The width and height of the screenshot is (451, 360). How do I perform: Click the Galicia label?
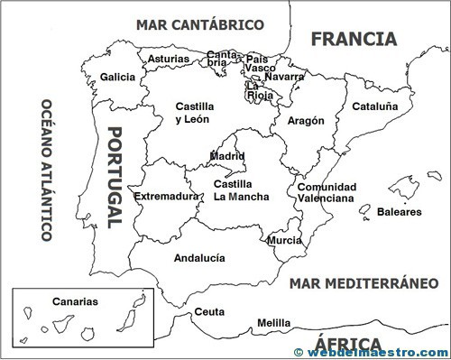118,77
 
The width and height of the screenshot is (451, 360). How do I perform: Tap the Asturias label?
169,60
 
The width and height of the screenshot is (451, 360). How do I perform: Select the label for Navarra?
285,77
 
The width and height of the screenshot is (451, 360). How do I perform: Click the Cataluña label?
374,106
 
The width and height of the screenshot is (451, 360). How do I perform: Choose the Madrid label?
227,156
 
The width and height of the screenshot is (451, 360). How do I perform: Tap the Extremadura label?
166,196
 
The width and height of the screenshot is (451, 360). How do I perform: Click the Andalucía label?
198,257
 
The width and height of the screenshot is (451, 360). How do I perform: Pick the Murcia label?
285,241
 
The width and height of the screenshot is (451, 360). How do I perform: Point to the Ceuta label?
209,312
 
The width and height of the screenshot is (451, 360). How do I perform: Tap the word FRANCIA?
353,39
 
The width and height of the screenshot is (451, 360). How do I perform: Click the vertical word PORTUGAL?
115,179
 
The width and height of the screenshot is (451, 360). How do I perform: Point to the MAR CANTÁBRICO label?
200,24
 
